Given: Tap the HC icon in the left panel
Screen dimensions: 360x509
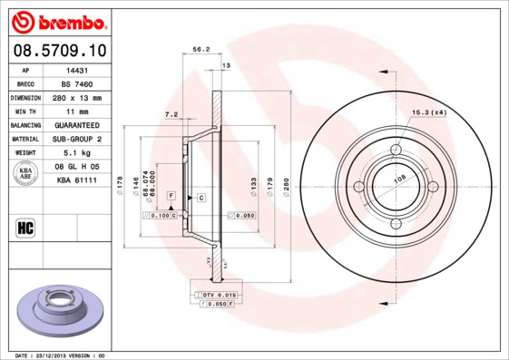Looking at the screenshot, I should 24,226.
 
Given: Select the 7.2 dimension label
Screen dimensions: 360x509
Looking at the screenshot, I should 171,113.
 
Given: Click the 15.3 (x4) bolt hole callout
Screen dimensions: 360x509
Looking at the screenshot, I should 429,112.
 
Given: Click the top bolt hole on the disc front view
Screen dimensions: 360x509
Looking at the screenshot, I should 396,151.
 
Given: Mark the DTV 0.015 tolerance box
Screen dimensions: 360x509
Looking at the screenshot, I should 219,295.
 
